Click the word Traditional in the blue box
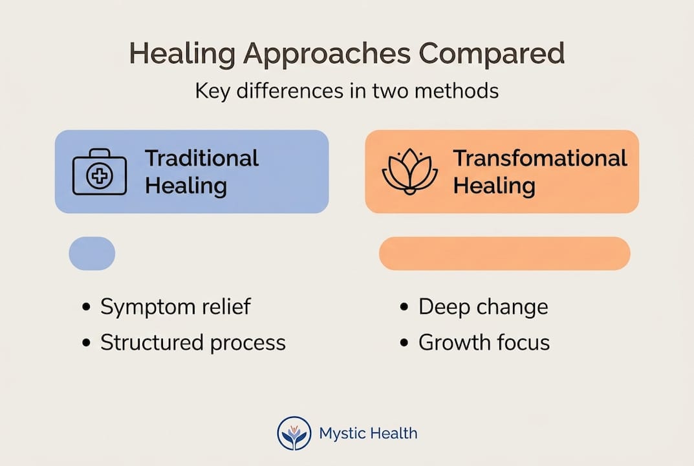click(x=201, y=158)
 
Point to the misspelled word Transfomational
click(x=539, y=158)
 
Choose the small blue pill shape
click(x=92, y=253)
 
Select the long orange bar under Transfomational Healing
click(x=504, y=253)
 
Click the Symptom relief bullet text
click(x=175, y=307)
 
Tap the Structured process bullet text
click(x=192, y=342)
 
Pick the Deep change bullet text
click(x=483, y=307)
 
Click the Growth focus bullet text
click(x=484, y=342)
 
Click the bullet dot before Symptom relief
click(x=87, y=307)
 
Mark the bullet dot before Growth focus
click(x=405, y=343)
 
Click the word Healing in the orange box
click(x=493, y=186)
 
